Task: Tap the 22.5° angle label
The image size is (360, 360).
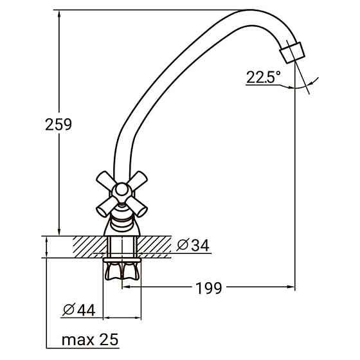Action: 264,78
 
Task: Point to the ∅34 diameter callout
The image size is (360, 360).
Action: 192,246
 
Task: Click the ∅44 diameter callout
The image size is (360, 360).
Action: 79,310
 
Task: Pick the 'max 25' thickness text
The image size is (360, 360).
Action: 90,339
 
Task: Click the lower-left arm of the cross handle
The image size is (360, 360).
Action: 105,207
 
